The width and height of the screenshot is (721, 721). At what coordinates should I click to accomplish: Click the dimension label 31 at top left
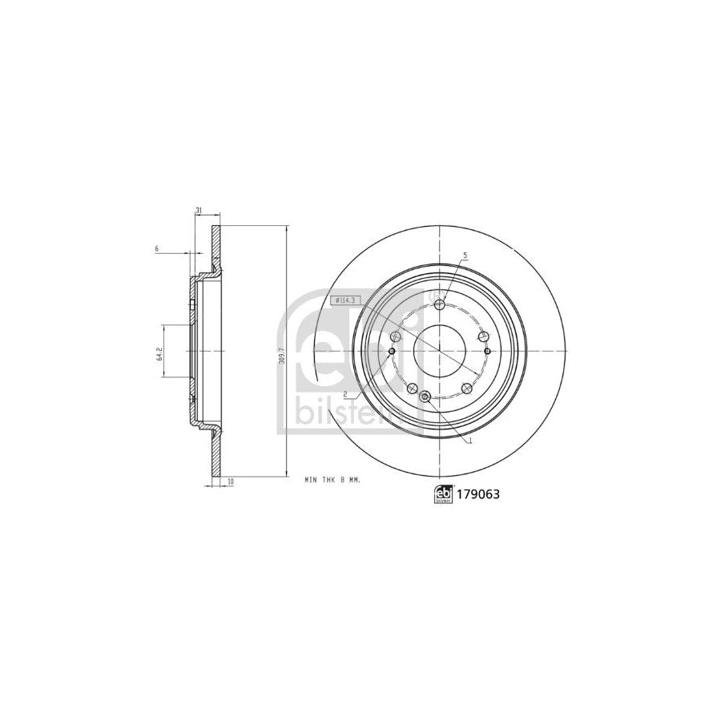tap(198, 211)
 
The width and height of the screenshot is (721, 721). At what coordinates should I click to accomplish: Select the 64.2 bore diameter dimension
tap(160, 352)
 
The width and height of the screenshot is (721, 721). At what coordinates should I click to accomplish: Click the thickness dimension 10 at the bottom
tap(231, 481)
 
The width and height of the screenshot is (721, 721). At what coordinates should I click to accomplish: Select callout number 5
tap(464, 256)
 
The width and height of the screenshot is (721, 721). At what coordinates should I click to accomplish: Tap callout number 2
tap(344, 394)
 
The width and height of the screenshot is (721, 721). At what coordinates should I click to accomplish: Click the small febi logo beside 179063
tap(441, 495)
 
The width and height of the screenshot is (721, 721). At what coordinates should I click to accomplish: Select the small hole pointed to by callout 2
tap(391, 351)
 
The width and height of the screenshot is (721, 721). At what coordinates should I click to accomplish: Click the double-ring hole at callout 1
tap(425, 397)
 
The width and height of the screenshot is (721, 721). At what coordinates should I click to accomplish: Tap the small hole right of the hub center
tap(487, 351)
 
